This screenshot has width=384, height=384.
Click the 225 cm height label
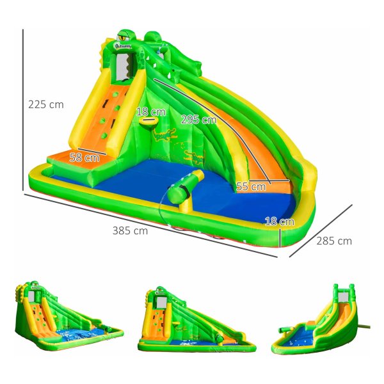click(x=46, y=104)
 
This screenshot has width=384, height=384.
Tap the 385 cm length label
click(x=130, y=230)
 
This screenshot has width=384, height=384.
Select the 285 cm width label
click(x=334, y=241)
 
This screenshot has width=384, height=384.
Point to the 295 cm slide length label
click(x=198, y=120)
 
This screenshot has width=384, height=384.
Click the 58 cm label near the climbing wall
click(x=84, y=157)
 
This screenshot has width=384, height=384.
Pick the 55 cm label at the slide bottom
click(x=251, y=187)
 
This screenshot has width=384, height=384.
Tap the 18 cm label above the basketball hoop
click(x=151, y=112)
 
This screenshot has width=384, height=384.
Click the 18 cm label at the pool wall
click(x=280, y=221)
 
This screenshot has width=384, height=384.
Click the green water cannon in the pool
click(x=185, y=186)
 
